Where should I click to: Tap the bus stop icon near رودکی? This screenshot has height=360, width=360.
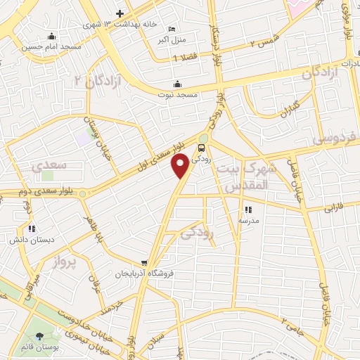[x=202, y=148]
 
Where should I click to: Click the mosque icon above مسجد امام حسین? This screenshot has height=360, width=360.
[x=51, y=37]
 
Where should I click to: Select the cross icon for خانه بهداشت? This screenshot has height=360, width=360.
[x=120, y=14]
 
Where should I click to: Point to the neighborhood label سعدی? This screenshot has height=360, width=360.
[x=48, y=166]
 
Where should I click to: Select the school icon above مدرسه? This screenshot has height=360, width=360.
[x=247, y=210]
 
